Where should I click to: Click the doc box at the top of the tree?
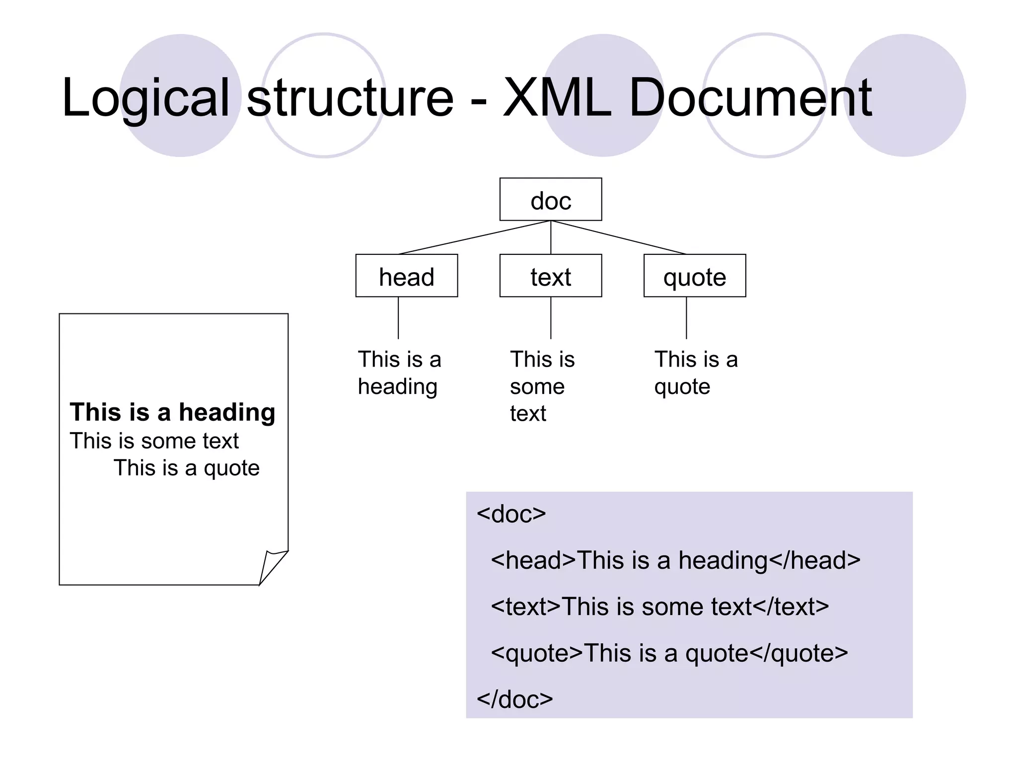[x=550, y=199]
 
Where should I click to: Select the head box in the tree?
[x=406, y=276]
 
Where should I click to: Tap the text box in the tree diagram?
[x=550, y=276]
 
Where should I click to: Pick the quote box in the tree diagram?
[x=694, y=276]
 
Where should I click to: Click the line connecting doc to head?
[x=474, y=237]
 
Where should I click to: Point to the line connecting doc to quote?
[x=618, y=237]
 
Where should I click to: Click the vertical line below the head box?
[x=398, y=318]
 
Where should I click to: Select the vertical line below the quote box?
[x=686, y=318]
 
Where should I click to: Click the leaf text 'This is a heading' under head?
[x=399, y=373]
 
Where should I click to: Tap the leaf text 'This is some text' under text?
[x=541, y=386]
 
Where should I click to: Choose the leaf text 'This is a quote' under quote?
[x=695, y=373]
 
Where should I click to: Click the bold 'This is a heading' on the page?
[x=172, y=412]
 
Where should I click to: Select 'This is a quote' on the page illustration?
[x=187, y=468]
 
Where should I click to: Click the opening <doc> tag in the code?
[x=511, y=514]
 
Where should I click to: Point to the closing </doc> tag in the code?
[x=514, y=699]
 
